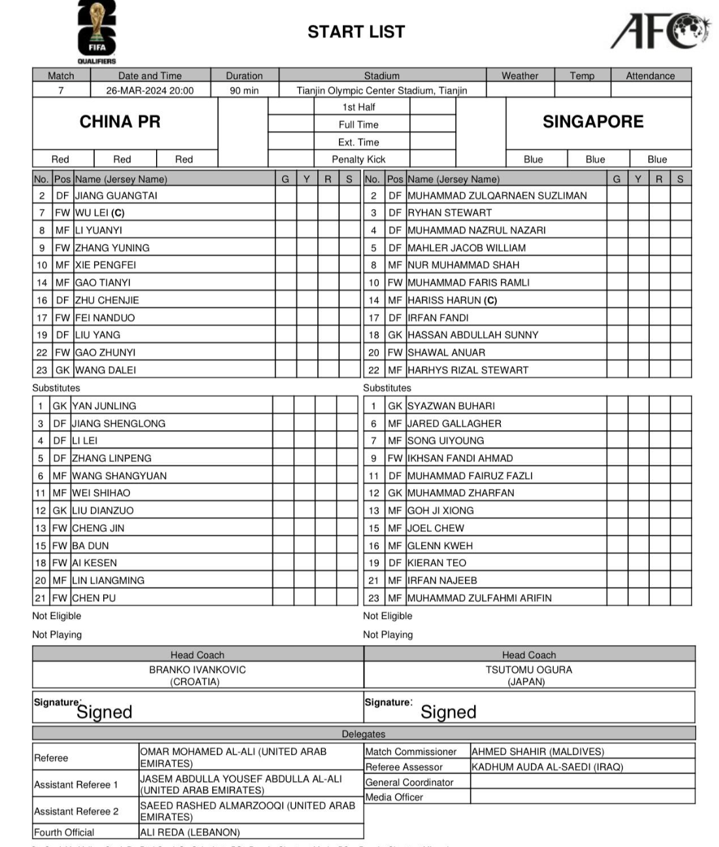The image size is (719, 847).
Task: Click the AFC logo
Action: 660,31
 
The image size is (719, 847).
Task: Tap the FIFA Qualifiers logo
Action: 97,31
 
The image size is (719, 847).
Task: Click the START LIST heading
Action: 356,31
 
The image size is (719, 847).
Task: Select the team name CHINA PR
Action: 120,122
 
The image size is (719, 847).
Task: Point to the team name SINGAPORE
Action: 592,122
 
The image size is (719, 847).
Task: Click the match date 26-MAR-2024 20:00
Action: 150,91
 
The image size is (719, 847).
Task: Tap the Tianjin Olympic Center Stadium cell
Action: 381,91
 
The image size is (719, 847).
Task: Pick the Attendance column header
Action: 650,76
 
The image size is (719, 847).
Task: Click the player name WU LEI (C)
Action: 99,212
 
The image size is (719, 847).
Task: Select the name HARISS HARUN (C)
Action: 452,300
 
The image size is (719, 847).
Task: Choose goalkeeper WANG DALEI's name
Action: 105,370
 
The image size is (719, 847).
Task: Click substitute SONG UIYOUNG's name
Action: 445,440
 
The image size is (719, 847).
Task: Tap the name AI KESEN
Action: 95,563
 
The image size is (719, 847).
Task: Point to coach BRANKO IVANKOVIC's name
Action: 197,670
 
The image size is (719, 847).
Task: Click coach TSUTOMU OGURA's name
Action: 528,670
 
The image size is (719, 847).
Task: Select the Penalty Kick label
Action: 358,159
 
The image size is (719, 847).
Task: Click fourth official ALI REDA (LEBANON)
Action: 190,832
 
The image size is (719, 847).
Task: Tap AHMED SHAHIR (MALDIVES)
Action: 537,752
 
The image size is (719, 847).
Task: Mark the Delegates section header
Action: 363,734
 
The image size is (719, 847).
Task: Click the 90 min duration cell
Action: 244,91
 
